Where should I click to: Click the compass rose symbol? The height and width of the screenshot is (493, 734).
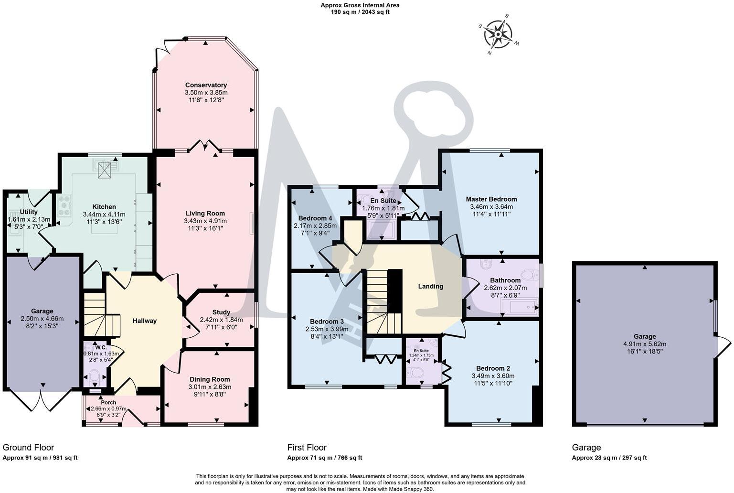pos(498,34)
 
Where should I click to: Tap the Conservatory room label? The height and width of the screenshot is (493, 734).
pos(206,85)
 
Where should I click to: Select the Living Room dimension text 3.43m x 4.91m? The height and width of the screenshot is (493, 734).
pos(205,221)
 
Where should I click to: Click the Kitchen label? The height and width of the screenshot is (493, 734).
pos(104,207)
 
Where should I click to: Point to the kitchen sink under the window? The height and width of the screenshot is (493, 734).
pos(105,166)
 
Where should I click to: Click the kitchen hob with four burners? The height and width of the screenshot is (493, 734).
pos(64,205)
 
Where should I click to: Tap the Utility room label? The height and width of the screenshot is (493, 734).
pos(29,212)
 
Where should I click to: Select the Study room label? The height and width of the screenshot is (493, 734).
pos(221,312)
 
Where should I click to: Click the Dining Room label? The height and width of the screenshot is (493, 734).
pos(209,379)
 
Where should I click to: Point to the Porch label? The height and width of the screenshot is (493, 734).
pos(108,402)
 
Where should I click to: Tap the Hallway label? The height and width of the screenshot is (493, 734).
pos(145,321)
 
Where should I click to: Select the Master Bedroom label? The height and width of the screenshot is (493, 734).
pos(491,199)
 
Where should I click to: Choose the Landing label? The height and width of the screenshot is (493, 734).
pos(431,286)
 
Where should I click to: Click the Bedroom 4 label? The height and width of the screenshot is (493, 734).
pos(315,218)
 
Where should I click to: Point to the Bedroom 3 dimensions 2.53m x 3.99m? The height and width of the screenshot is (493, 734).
pos(327,329)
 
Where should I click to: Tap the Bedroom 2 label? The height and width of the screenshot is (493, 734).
pos(493,368)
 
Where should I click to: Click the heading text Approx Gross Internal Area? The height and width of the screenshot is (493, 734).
pos(360,5)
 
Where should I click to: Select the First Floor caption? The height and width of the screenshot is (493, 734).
pos(307,447)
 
